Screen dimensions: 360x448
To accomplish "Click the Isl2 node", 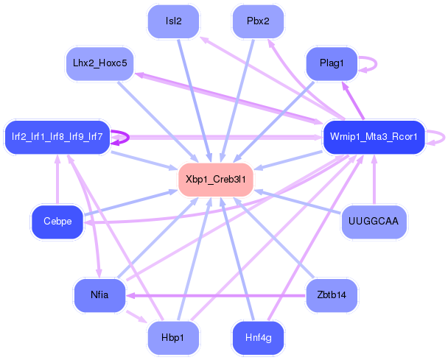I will coord(174,21).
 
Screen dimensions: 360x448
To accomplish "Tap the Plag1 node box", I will coord(332,63).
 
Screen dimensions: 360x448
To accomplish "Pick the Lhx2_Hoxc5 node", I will coord(99,63).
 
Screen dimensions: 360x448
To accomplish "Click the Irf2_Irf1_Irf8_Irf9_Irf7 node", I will coord(57,136).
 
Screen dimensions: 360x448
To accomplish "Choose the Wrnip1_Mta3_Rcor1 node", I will coord(374,136).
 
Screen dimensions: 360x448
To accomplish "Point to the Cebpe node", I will coord(57,222).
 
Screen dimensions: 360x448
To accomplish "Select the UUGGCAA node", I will coord(374,222).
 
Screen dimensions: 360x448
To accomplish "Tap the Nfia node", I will coord(99,294).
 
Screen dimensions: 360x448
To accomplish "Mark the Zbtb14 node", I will coord(332,294).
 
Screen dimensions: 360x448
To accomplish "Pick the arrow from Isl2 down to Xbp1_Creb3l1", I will coord(193,96).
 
